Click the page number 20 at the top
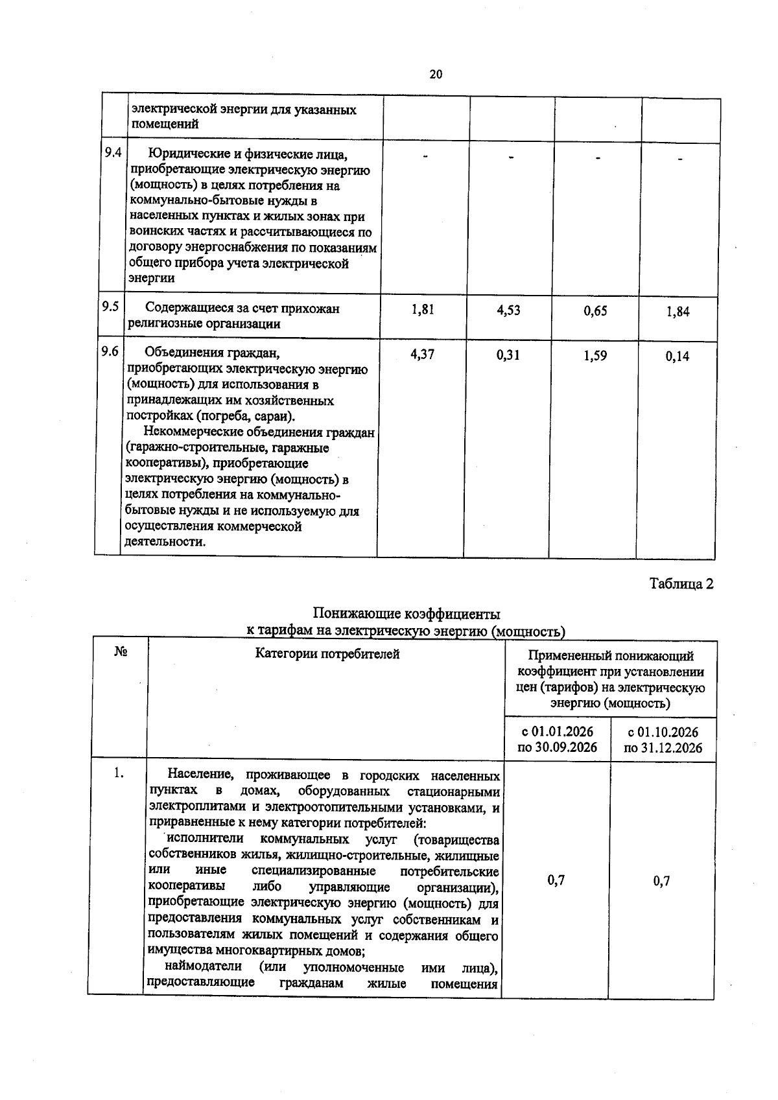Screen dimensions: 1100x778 coord(436,75)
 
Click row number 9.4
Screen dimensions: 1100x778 coord(113,153)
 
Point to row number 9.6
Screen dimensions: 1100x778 coord(109,351)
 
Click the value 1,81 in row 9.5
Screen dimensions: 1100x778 coord(423,310)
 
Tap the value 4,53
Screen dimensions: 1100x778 coord(508,310)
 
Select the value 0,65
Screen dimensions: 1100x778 coord(595,311)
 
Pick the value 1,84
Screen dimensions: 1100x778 coord(678,312)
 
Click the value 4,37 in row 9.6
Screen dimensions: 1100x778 coord(422,355)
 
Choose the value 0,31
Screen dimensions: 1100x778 coord(508,355)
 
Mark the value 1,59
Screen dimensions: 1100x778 coord(595,356)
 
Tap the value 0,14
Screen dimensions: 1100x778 coord(677,357)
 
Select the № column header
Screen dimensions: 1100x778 coord(120,652)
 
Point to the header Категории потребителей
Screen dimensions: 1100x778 coord(327,654)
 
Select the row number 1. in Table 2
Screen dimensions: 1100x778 coord(118,773)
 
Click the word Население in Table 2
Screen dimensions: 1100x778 coord(200,775)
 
